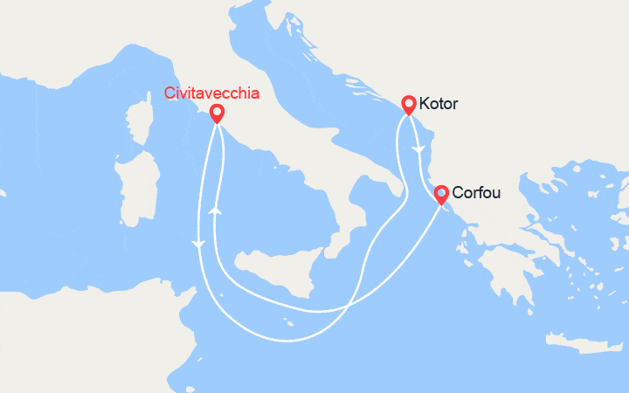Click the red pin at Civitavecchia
coord(216,113)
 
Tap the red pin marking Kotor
coord(408,105)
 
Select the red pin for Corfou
coord(441,193)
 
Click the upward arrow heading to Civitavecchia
coord(214,210)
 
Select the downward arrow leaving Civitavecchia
coord(200,245)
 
